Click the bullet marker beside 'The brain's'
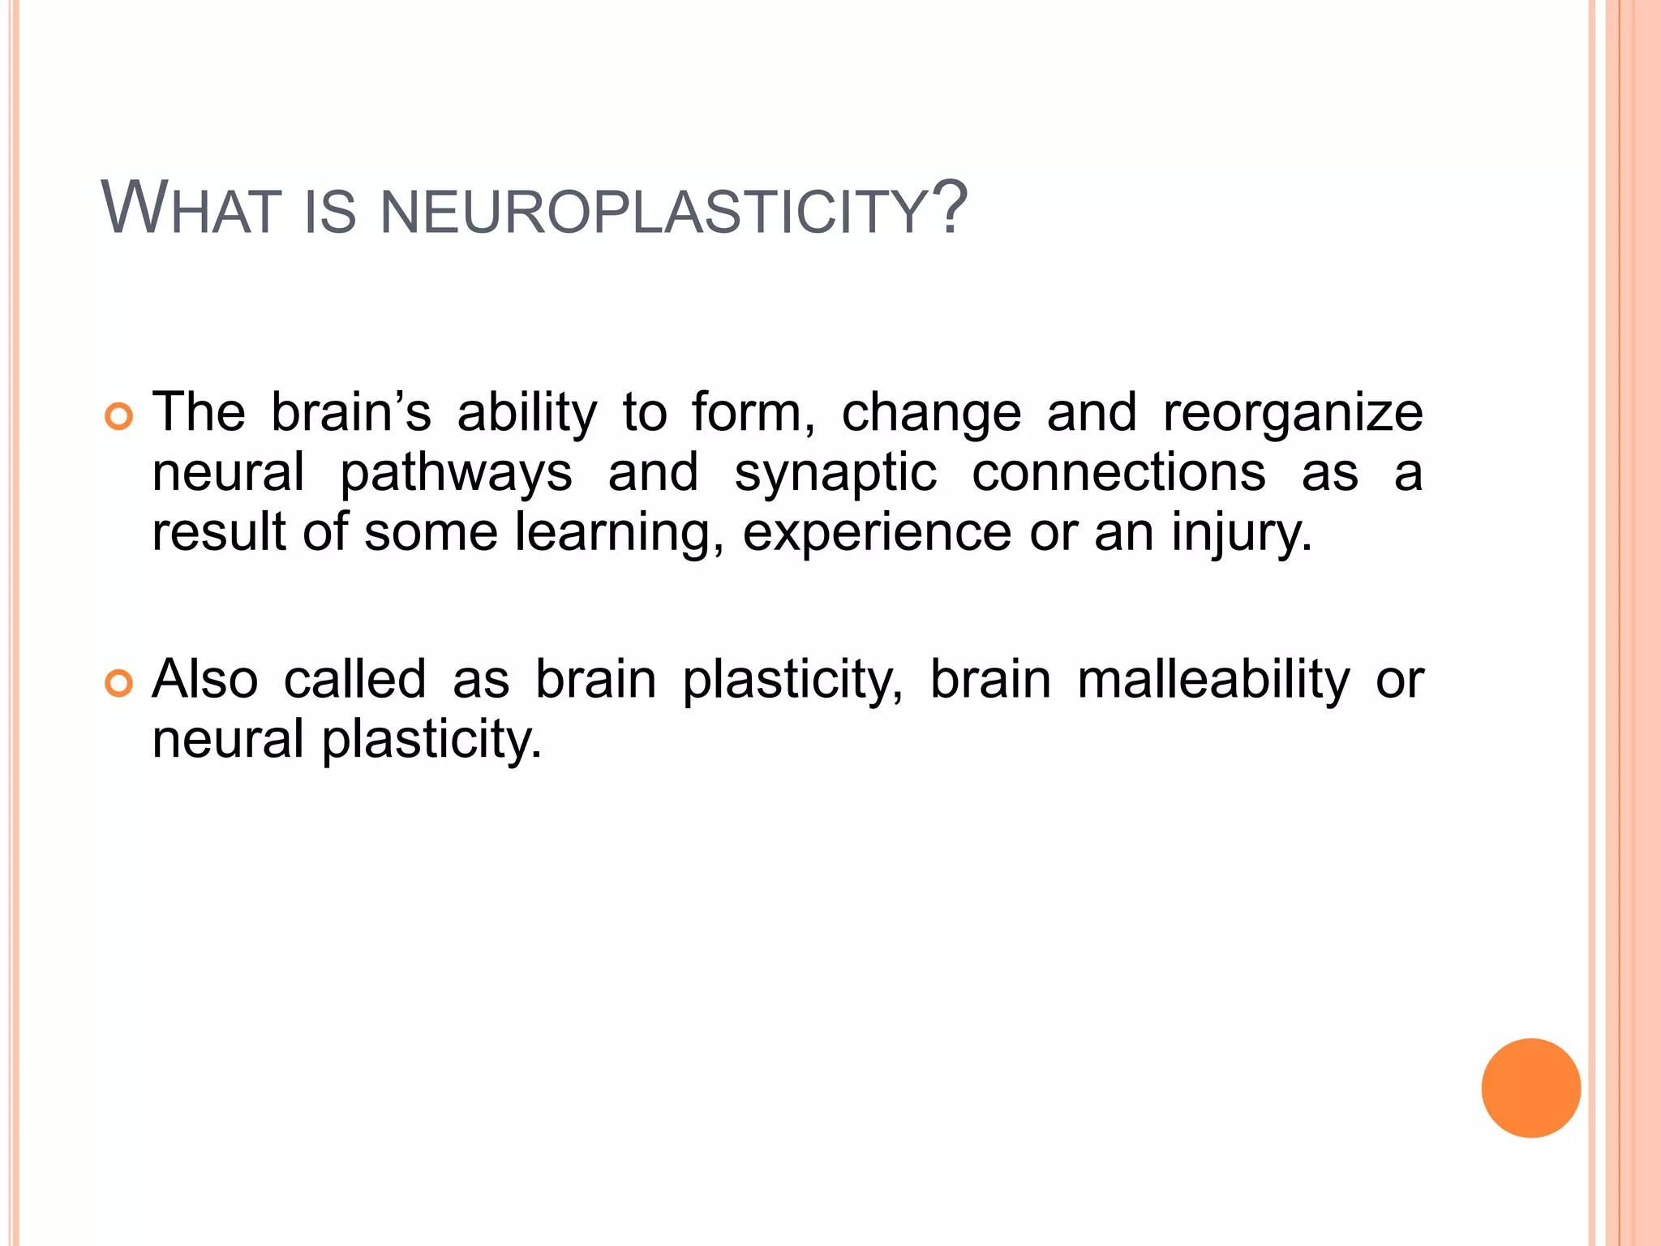pyautogui.click(x=118, y=417)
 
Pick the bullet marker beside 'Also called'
pyautogui.click(x=118, y=684)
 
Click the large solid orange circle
pyautogui.click(x=1530, y=1088)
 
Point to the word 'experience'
pyautogui.click(x=877, y=534)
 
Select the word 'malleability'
pyautogui.click(x=1213, y=680)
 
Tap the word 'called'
pyautogui.click(x=354, y=680)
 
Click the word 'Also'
pyautogui.click(x=205, y=680)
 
